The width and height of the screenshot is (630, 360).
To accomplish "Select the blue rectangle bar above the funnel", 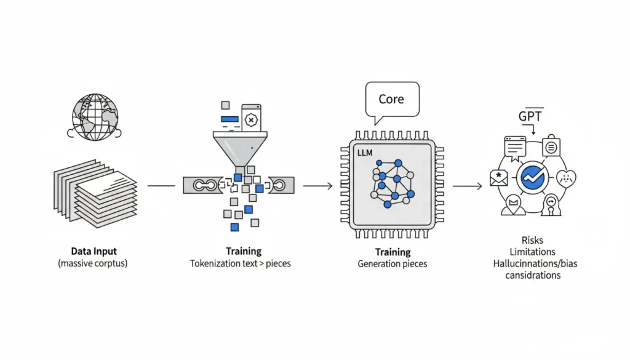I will coord(229,118).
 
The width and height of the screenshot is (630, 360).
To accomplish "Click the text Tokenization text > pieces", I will coord(240,263).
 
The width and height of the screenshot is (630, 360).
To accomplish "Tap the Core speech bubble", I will coord(391,100).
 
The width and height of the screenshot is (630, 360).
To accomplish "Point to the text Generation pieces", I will coord(392,263).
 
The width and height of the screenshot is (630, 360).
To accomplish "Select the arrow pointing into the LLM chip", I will coord(317,185).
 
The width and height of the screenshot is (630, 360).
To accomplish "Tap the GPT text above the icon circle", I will coord(530,116).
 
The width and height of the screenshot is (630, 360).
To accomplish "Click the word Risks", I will coord(532,241).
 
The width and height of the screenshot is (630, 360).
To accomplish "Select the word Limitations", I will coord(532,252).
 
